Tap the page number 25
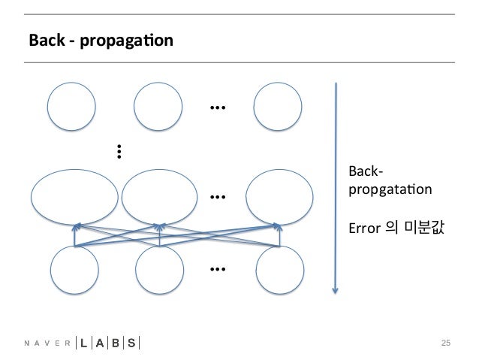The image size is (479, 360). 445,343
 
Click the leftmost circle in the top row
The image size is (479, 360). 72,107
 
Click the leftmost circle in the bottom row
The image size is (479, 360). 74,269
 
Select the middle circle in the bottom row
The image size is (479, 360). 161,269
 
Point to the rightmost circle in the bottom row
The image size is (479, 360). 280,269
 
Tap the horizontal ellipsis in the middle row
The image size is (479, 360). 218,198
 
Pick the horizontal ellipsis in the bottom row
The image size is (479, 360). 218,269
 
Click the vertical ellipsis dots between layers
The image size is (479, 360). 119,152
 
